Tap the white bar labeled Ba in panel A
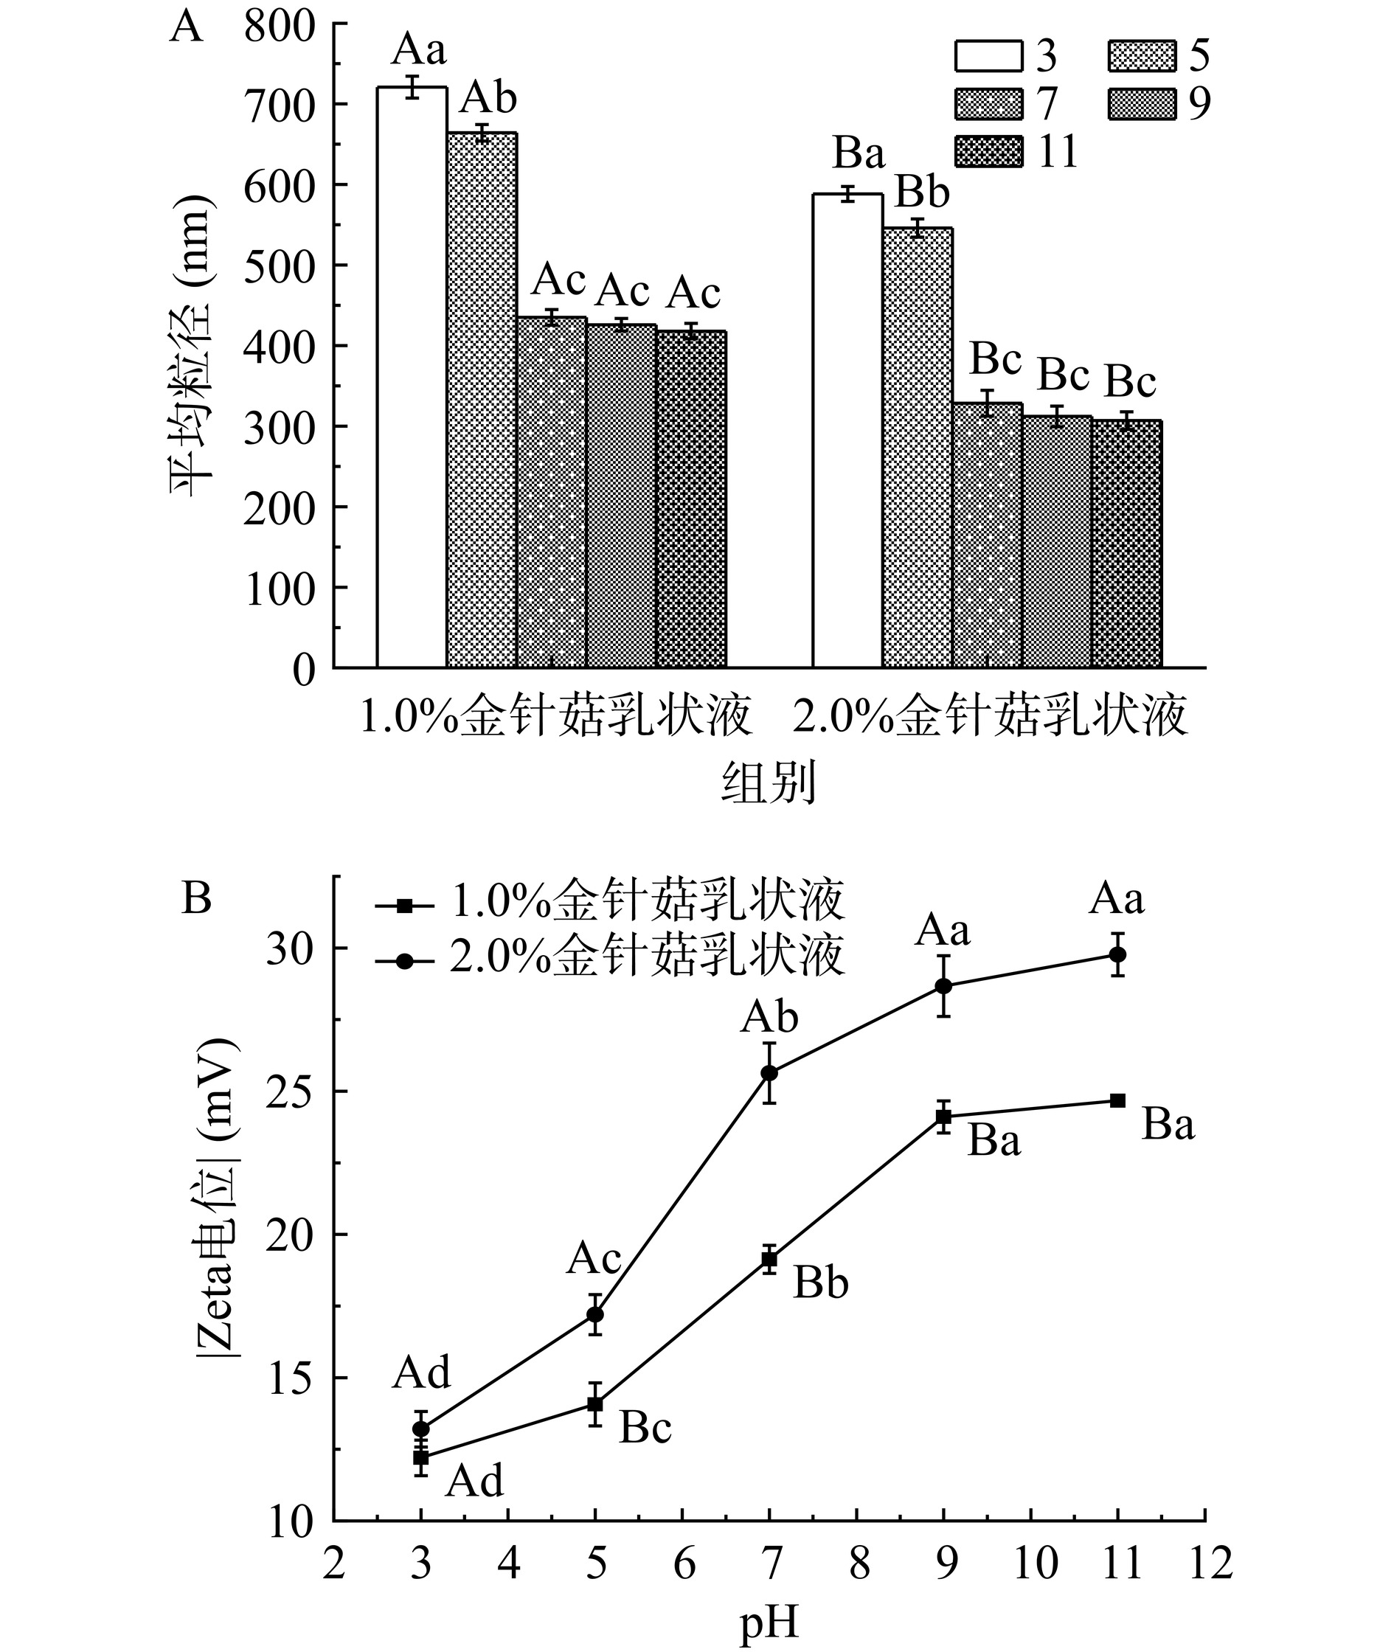848,431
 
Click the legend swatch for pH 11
988,151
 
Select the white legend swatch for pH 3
988,55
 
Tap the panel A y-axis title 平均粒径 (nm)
190,347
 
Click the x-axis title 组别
768,785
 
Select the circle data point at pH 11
1117,954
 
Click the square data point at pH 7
769,1260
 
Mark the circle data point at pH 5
595,1315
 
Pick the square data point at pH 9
943,1117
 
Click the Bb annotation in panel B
821,1283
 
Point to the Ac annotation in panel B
594,1259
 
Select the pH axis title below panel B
769,1622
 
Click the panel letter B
197,898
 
